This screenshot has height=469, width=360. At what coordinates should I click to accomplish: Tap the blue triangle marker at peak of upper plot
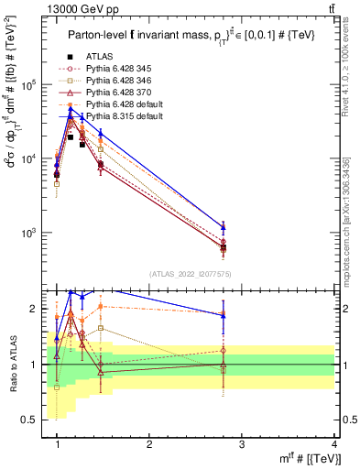(x=71, y=111)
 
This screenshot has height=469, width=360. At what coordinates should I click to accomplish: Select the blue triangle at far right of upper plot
(x=224, y=227)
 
